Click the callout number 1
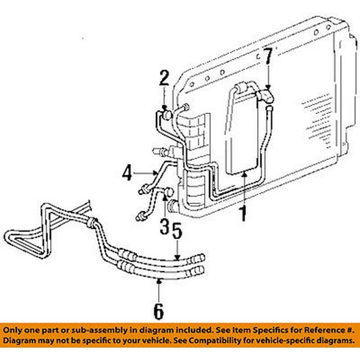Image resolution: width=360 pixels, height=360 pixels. tap(241, 213)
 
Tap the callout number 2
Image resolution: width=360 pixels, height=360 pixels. tap(165, 76)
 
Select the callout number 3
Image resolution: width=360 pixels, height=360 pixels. tap(164, 225)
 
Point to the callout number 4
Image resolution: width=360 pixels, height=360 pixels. tap(127, 174)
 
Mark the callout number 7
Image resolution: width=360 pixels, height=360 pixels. tap(268, 56)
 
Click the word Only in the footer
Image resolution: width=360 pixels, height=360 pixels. tap(16, 329)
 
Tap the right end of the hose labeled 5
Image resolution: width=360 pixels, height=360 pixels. tap(201, 256)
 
